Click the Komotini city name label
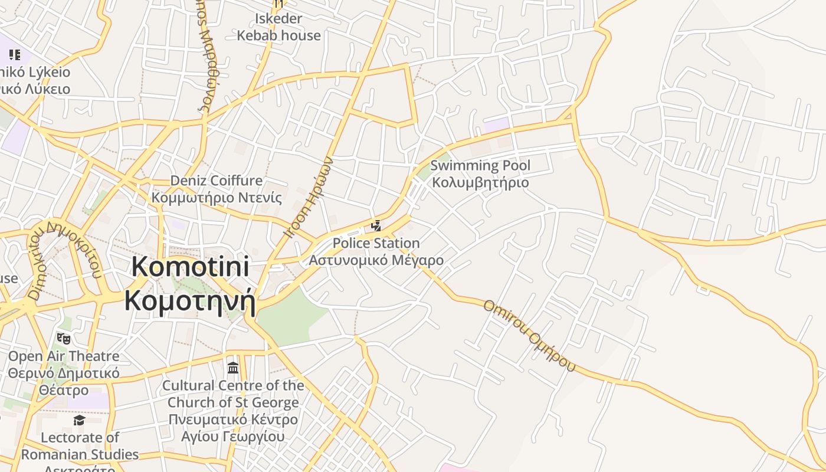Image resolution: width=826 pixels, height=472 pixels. [189, 267]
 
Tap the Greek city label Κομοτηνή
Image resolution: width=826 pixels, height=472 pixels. [189, 300]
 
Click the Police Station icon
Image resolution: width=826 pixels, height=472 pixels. [376, 225]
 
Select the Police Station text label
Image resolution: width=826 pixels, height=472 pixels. [376, 243]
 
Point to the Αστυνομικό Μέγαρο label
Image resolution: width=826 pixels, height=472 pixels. [376, 260]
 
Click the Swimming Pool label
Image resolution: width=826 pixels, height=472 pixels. [480, 166]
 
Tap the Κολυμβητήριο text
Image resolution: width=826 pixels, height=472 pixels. [480, 182]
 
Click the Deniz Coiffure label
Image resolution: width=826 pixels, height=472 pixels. [217, 180]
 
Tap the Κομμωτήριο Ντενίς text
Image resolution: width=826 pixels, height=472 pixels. [217, 197]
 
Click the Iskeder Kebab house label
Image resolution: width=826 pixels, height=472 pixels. [279, 27]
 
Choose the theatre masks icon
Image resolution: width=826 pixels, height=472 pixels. [64, 339]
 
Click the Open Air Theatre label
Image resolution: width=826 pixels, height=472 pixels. [64, 356]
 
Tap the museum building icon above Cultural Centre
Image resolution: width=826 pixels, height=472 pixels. [233, 368]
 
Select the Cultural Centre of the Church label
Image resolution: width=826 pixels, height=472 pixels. [233, 394]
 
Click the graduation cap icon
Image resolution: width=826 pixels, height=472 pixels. [79, 420]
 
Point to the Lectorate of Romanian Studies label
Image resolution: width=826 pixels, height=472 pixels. [80, 446]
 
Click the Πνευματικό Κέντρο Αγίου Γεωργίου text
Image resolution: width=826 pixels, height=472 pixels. [233, 428]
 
